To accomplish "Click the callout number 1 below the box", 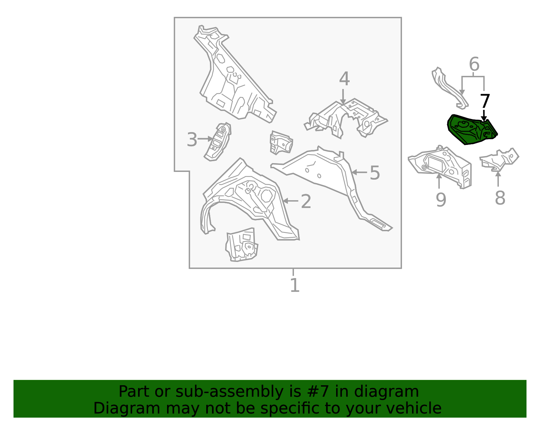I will tap(295, 285).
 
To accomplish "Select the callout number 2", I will tap(305, 201).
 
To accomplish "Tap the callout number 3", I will tap(192, 140).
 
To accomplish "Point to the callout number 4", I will tap(344, 79).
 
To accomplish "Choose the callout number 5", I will tap(375, 173).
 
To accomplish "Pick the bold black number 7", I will tap(485, 101).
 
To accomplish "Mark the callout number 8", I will tap(500, 198).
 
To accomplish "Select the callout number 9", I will tap(441, 200).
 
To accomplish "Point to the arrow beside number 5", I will tap(359, 172).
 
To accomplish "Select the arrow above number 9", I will tap(439, 181).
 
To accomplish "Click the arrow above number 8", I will tap(498, 178).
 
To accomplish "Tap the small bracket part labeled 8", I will tap(500, 158).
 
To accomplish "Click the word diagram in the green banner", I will tap(397, 392).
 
